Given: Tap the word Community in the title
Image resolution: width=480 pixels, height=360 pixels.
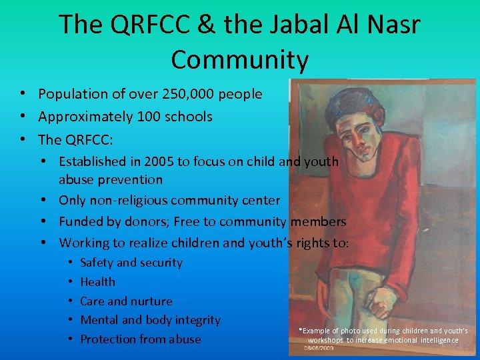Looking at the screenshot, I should [x=240, y=59].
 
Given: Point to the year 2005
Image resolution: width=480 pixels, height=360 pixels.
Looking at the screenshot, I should [x=153, y=161].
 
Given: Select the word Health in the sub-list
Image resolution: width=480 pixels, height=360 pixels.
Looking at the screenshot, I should [x=97, y=282].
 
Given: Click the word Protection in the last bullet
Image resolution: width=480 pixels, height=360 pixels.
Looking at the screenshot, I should [x=109, y=339].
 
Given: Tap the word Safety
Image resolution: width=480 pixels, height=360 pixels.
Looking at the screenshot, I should [x=97, y=263].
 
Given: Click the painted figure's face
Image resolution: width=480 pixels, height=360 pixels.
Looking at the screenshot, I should [x=356, y=133].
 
